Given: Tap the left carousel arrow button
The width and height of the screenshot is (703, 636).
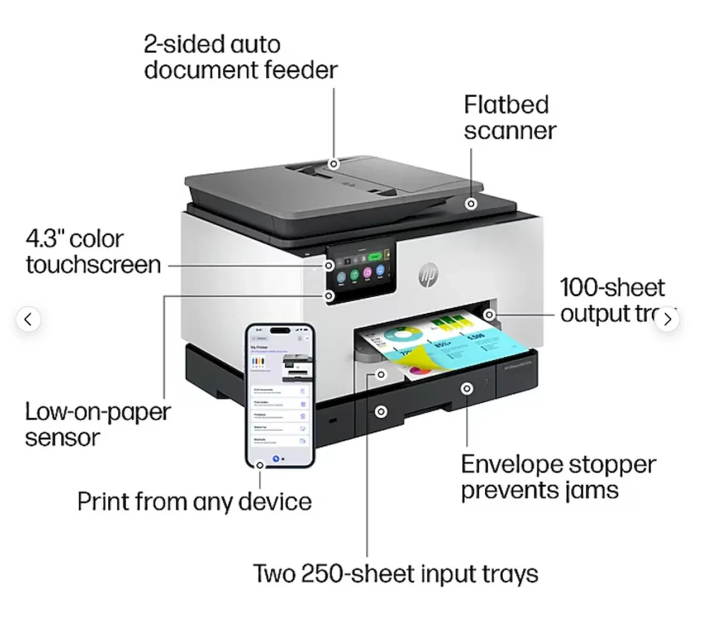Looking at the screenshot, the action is point(28,319).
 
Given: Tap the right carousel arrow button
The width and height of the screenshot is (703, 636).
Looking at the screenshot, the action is point(667,319).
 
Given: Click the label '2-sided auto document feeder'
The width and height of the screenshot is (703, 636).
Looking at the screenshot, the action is point(240,57).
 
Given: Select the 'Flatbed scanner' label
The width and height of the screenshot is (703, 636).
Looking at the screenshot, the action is point(509,117).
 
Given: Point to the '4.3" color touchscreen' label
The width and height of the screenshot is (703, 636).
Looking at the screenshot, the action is point(93,252).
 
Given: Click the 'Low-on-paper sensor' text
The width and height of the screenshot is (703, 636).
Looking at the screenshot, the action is point(97,424).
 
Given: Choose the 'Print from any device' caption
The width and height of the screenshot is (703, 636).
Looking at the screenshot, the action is point(194,502).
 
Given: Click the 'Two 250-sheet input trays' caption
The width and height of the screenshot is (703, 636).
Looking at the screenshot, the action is point(395,573).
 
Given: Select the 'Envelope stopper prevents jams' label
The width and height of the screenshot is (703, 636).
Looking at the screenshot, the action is point(558,477).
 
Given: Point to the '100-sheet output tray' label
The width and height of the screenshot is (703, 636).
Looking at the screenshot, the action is point(612,300).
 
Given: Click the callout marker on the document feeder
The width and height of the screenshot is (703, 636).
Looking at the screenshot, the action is point(334,164).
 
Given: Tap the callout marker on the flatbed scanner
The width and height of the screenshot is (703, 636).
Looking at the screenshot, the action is point(471,203).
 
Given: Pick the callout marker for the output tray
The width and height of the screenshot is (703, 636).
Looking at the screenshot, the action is point(489,315).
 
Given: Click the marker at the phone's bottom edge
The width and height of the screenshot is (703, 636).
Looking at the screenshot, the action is point(260,465).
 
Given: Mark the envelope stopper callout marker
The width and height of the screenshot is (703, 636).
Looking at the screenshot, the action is point(466,388).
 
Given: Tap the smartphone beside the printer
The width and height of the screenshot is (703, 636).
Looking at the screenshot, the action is point(279,394).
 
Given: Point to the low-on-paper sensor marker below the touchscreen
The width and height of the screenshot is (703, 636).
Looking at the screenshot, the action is point(329,296).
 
